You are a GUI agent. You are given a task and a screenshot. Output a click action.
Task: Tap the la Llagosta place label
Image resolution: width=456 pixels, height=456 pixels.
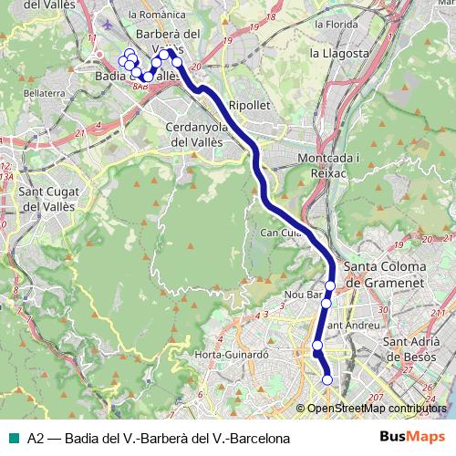[x=338, y=53]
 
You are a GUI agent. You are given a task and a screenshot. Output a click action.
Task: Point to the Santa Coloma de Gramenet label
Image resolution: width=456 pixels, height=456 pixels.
[x=392, y=275]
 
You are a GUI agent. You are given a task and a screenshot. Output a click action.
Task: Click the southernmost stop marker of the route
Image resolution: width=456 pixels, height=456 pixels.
[x=327, y=380]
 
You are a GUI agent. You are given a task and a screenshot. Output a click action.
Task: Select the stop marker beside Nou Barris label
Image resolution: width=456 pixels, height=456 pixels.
[x=326, y=303]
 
